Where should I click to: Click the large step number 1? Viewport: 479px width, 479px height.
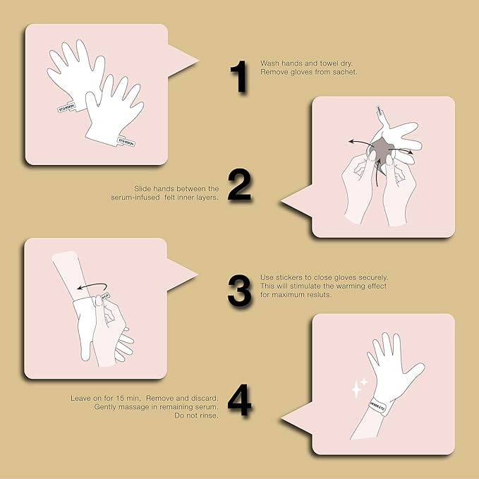point(241,78)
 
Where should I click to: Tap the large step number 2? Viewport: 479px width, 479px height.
point(241,186)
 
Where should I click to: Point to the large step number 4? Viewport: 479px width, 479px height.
point(241,400)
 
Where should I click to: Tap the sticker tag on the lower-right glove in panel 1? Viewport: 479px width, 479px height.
point(129,139)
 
